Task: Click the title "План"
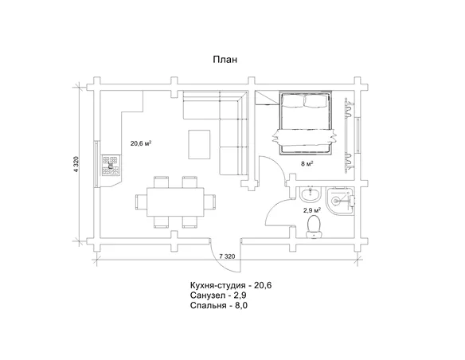point(225,60)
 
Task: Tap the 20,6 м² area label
point(141,143)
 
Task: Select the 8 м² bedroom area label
point(307,163)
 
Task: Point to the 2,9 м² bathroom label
point(311,210)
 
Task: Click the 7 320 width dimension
point(227,256)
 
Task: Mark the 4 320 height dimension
point(76,165)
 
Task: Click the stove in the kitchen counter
point(111,166)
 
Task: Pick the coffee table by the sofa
point(199,144)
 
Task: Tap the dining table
point(175,202)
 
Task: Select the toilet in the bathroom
point(314,227)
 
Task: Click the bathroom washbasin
point(311,194)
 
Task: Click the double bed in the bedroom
point(305,123)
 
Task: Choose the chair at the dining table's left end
point(141,202)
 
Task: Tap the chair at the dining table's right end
point(210,202)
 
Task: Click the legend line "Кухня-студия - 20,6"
point(231,285)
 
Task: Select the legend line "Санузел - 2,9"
point(218,295)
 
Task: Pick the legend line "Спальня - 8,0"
point(219,305)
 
